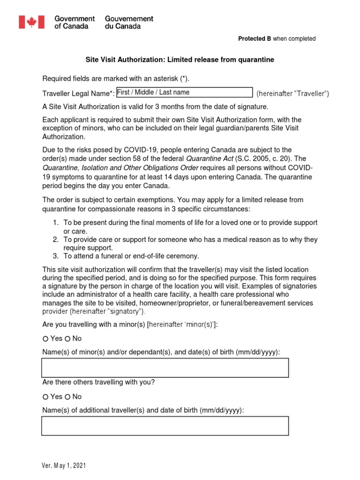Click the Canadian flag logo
pyautogui.click(x=31, y=22)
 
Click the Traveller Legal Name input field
pyautogui.click(x=184, y=92)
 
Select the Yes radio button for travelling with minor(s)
pyautogui.click(x=45, y=338)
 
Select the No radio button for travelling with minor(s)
pyautogui.click(x=67, y=338)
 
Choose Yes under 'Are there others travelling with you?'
pyautogui.click(x=45, y=397)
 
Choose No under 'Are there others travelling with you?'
pyautogui.click(x=67, y=397)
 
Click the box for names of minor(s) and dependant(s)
pyautogui.click(x=165, y=367)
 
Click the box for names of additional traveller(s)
pyautogui.click(x=165, y=426)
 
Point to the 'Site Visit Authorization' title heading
pyautogui.click(x=179, y=60)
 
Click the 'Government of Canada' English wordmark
pyautogui.click(x=75, y=22)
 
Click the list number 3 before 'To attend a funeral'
pyautogui.click(x=55, y=256)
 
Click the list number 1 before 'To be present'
pyautogui.click(x=55, y=222)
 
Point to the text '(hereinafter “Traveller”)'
pyautogui.click(x=292, y=94)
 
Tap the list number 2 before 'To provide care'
pyautogui.click(x=55, y=240)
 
